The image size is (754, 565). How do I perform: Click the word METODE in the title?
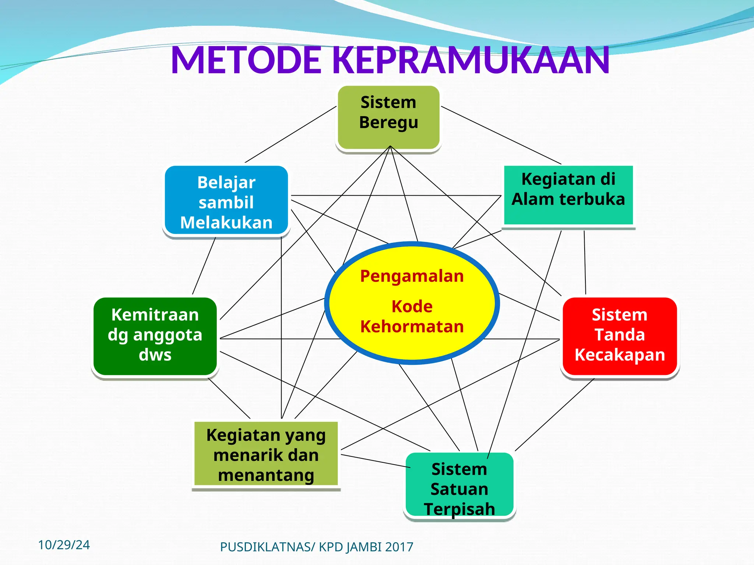point(246,60)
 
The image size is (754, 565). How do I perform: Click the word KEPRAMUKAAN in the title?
point(471,60)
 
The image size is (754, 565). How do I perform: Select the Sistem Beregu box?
point(388,118)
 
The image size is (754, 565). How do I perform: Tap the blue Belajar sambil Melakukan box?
point(226,200)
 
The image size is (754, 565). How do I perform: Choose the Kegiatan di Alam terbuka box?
point(568,195)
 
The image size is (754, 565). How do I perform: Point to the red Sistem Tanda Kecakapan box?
point(620,336)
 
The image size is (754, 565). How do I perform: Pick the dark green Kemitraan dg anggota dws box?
point(155,336)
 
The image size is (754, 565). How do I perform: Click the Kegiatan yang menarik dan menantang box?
point(266,454)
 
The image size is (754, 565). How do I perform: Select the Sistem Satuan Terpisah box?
point(459,486)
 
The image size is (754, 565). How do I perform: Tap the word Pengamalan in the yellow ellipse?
point(412,276)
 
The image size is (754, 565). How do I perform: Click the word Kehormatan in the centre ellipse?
point(412,327)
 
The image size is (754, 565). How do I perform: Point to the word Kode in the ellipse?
point(412,306)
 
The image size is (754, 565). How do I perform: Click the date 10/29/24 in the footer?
point(64,545)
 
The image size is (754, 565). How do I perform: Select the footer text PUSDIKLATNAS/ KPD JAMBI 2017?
point(317,547)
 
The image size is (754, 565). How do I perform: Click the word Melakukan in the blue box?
point(226,223)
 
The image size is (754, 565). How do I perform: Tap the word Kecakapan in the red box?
point(620,355)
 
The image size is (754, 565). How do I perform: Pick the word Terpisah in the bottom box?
point(459,509)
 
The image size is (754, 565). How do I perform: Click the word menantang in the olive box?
point(266,475)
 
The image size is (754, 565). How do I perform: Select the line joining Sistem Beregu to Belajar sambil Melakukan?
point(291,134)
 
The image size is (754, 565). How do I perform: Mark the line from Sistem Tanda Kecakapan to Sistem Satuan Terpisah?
point(554,415)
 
